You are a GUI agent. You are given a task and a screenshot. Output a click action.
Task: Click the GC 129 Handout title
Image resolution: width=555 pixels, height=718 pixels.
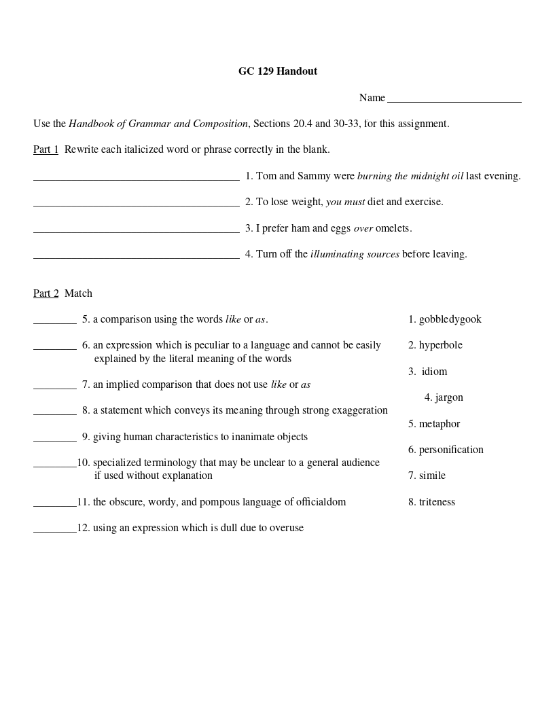click(277, 71)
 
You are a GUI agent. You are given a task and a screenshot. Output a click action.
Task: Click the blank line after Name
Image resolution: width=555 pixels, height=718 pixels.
click(454, 101)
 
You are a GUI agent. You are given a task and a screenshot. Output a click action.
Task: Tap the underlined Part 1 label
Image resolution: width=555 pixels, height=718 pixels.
click(46, 149)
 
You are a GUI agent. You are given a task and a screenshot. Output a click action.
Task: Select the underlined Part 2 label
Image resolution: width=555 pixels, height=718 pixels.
click(46, 293)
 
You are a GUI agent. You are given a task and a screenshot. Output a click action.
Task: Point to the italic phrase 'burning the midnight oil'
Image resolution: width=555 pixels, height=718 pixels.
click(410, 176)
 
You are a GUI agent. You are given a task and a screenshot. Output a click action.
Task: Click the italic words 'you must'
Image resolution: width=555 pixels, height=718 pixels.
click(345, 202)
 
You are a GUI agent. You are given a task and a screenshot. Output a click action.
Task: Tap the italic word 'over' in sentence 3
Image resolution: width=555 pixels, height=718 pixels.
click(363, 228)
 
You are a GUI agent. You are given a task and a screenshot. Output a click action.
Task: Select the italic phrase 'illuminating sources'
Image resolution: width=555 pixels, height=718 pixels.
click(355, 254)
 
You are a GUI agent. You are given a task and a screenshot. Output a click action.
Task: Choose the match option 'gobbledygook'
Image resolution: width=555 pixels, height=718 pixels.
click(450, 319)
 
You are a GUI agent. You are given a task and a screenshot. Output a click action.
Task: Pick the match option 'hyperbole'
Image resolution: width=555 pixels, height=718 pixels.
click(440, 345)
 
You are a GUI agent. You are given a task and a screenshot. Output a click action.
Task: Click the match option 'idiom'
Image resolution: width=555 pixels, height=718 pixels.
click(434, 372)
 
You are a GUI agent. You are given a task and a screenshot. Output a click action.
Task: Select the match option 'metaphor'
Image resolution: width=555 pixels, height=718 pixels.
click(439, 424)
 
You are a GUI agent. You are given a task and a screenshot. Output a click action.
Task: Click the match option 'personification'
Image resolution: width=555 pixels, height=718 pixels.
click(451, 450)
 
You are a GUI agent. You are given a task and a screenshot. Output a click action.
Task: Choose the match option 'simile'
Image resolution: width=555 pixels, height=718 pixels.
click(432, 475)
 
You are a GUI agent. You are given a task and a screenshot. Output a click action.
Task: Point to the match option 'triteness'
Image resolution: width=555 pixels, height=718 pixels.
click(437, 502)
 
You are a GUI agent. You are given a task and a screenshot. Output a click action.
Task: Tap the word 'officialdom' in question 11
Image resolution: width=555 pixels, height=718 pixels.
click(321, 502)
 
